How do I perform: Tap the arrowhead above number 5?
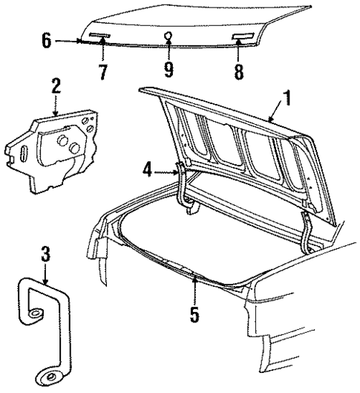[194, 279]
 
